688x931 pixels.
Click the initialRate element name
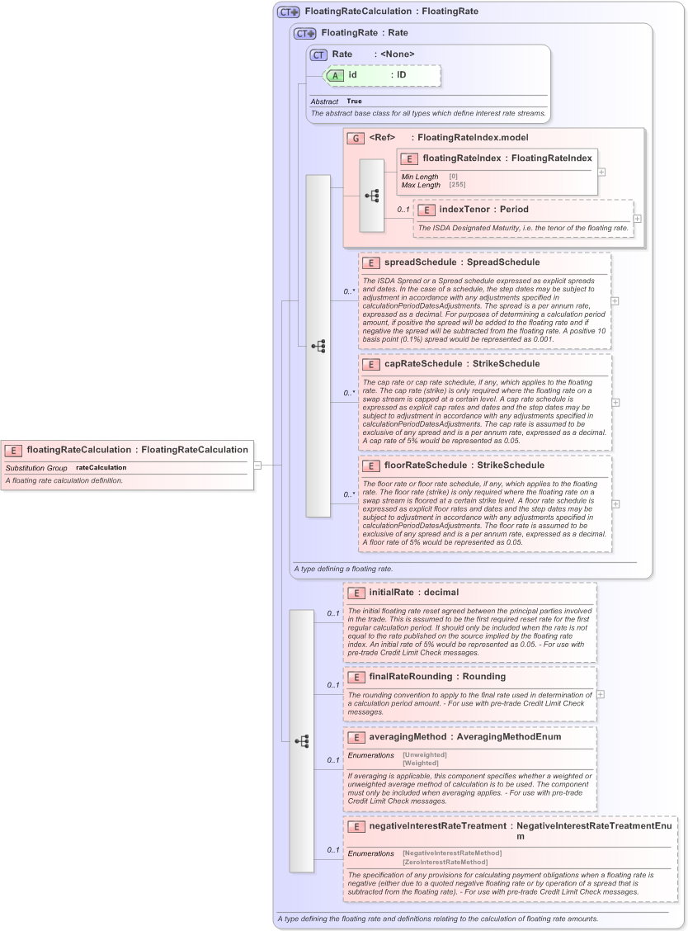[391, 593]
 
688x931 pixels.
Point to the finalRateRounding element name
[410, 677]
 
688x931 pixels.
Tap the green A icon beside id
[335, 75]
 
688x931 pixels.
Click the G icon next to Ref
[356, 138]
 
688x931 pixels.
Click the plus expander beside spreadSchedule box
[615, 301]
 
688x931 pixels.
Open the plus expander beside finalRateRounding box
[601, 694]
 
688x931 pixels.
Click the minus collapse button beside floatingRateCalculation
[257, 465]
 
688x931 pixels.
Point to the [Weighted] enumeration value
[420, 763]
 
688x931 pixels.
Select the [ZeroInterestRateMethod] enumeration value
[445, 862]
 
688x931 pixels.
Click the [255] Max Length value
[457, 185]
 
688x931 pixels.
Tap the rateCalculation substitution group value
[101, 468]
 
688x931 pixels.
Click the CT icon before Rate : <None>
[318, 54]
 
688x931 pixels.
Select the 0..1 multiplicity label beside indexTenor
[403, 210]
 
